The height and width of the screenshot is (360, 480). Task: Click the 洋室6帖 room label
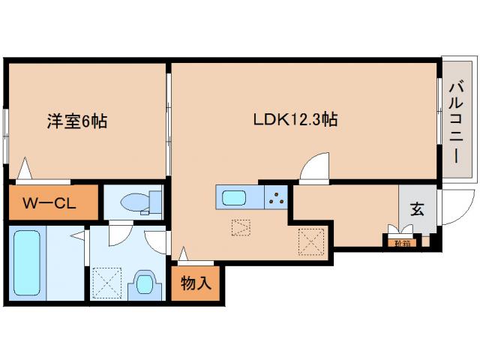coord(73,120)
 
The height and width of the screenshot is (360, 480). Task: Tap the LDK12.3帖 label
coord(293,118)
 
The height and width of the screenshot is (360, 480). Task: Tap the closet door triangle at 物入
coord(182,256)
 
